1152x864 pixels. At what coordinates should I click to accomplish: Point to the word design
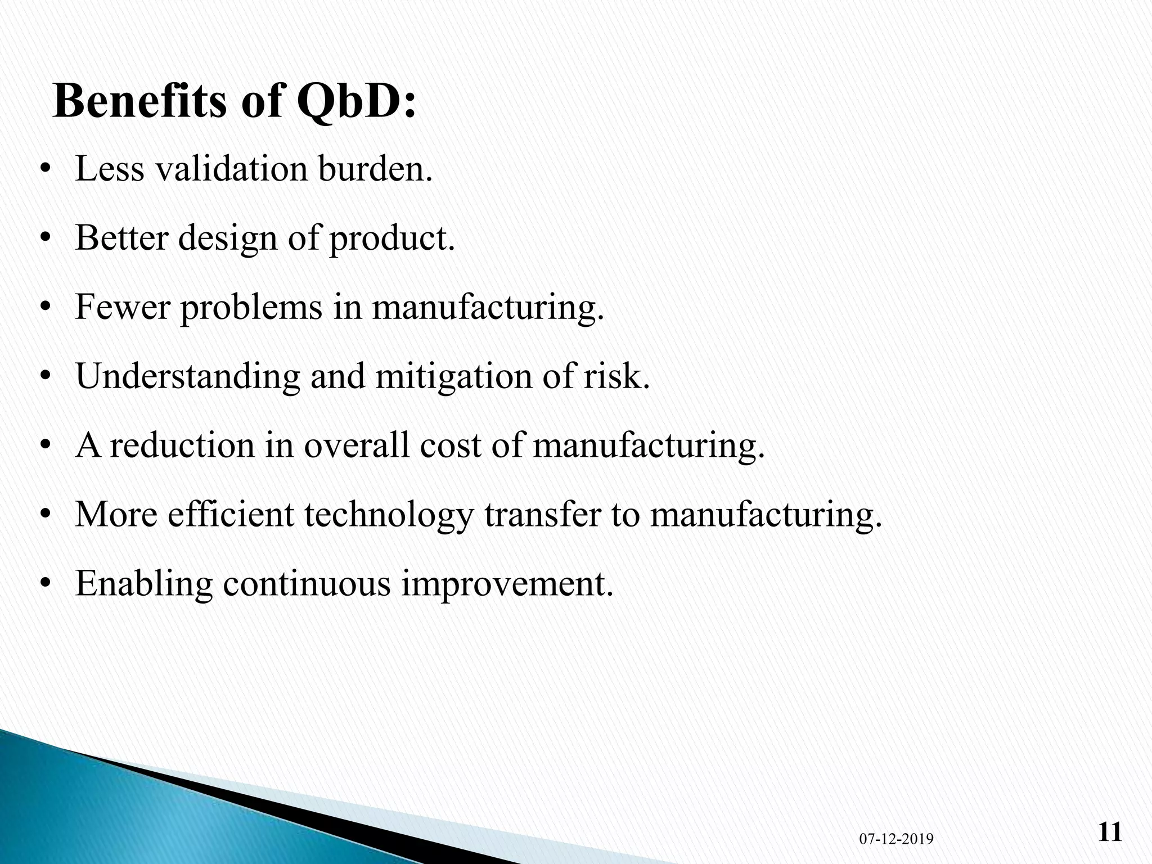click(x=228, y=238)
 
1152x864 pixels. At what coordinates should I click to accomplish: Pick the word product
click(x=391, y=238)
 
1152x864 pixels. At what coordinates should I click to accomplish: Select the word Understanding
click(x=188, y=377)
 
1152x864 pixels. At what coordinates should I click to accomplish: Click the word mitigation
click(x=453, y=377)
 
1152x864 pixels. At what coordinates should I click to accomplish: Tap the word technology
click(x=388, y=515)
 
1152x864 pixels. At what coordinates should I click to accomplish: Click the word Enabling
click(x=144, y=584)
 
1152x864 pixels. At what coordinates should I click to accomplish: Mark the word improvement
click(x=506, y=584)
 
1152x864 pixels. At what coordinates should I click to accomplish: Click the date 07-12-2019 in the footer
click(x=896, y=839)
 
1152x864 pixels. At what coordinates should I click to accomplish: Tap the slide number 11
click(x=1110, y=832)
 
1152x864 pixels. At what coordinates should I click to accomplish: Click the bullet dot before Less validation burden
click(x=46, y=170)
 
